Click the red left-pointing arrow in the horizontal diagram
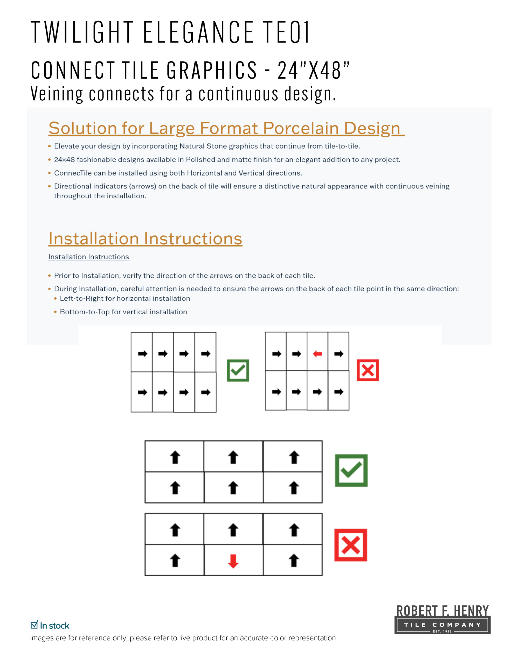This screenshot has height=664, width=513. coord(317,354)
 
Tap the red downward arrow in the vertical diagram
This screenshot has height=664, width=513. coord(233,561)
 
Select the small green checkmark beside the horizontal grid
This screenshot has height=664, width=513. coord(238,370)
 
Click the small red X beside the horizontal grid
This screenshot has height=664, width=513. coord(368,370)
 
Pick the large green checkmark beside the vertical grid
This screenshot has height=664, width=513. coord(351,470)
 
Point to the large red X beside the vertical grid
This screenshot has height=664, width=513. coord(351,545)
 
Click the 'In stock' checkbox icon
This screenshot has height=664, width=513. coord(34,625)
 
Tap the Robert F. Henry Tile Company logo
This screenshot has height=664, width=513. coord(442,620)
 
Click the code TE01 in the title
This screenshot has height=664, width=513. coord(286,32)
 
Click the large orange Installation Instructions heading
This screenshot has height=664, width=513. coord(145,239)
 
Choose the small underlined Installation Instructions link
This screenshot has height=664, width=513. coord(88,257)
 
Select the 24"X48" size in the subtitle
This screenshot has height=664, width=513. coord(314,70)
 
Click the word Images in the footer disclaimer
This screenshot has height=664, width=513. coord(42,638)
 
